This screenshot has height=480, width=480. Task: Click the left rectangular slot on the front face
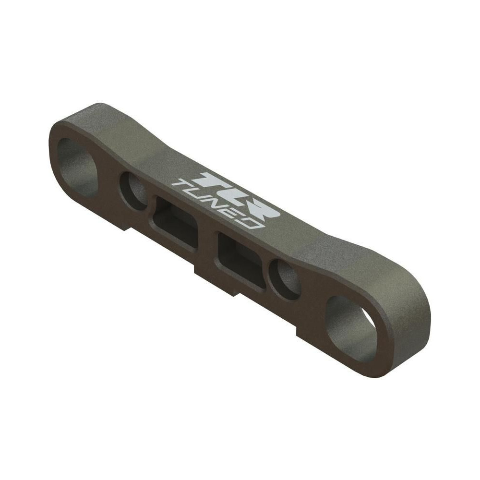point(176,224)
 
